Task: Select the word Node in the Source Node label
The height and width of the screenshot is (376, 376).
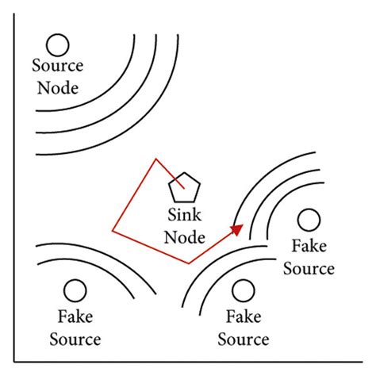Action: [56, 87]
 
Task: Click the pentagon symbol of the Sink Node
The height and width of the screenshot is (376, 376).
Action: [184, 188]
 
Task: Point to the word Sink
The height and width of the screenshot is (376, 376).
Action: [184, 215]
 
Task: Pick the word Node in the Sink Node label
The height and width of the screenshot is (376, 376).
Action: [184, 236]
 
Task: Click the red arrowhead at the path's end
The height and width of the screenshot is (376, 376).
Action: [237, 228]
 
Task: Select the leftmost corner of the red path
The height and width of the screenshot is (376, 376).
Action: [113, 232]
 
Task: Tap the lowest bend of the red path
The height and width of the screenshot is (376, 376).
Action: [188, 263]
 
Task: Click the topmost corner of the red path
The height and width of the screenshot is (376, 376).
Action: [153, 159]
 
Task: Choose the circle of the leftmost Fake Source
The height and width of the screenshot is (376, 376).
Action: [75, 290]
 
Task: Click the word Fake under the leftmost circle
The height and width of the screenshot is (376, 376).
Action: [75, 319]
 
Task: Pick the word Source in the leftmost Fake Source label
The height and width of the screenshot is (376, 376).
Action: [75, 340]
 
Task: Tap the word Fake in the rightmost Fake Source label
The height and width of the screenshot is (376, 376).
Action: [309, 247]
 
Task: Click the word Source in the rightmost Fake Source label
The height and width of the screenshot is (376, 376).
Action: [309, 268]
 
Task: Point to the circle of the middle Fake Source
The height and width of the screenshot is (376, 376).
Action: [244, 290]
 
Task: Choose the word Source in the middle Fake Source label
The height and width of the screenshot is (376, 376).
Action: [244, 340]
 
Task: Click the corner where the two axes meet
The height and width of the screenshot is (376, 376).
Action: [16, 361]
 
